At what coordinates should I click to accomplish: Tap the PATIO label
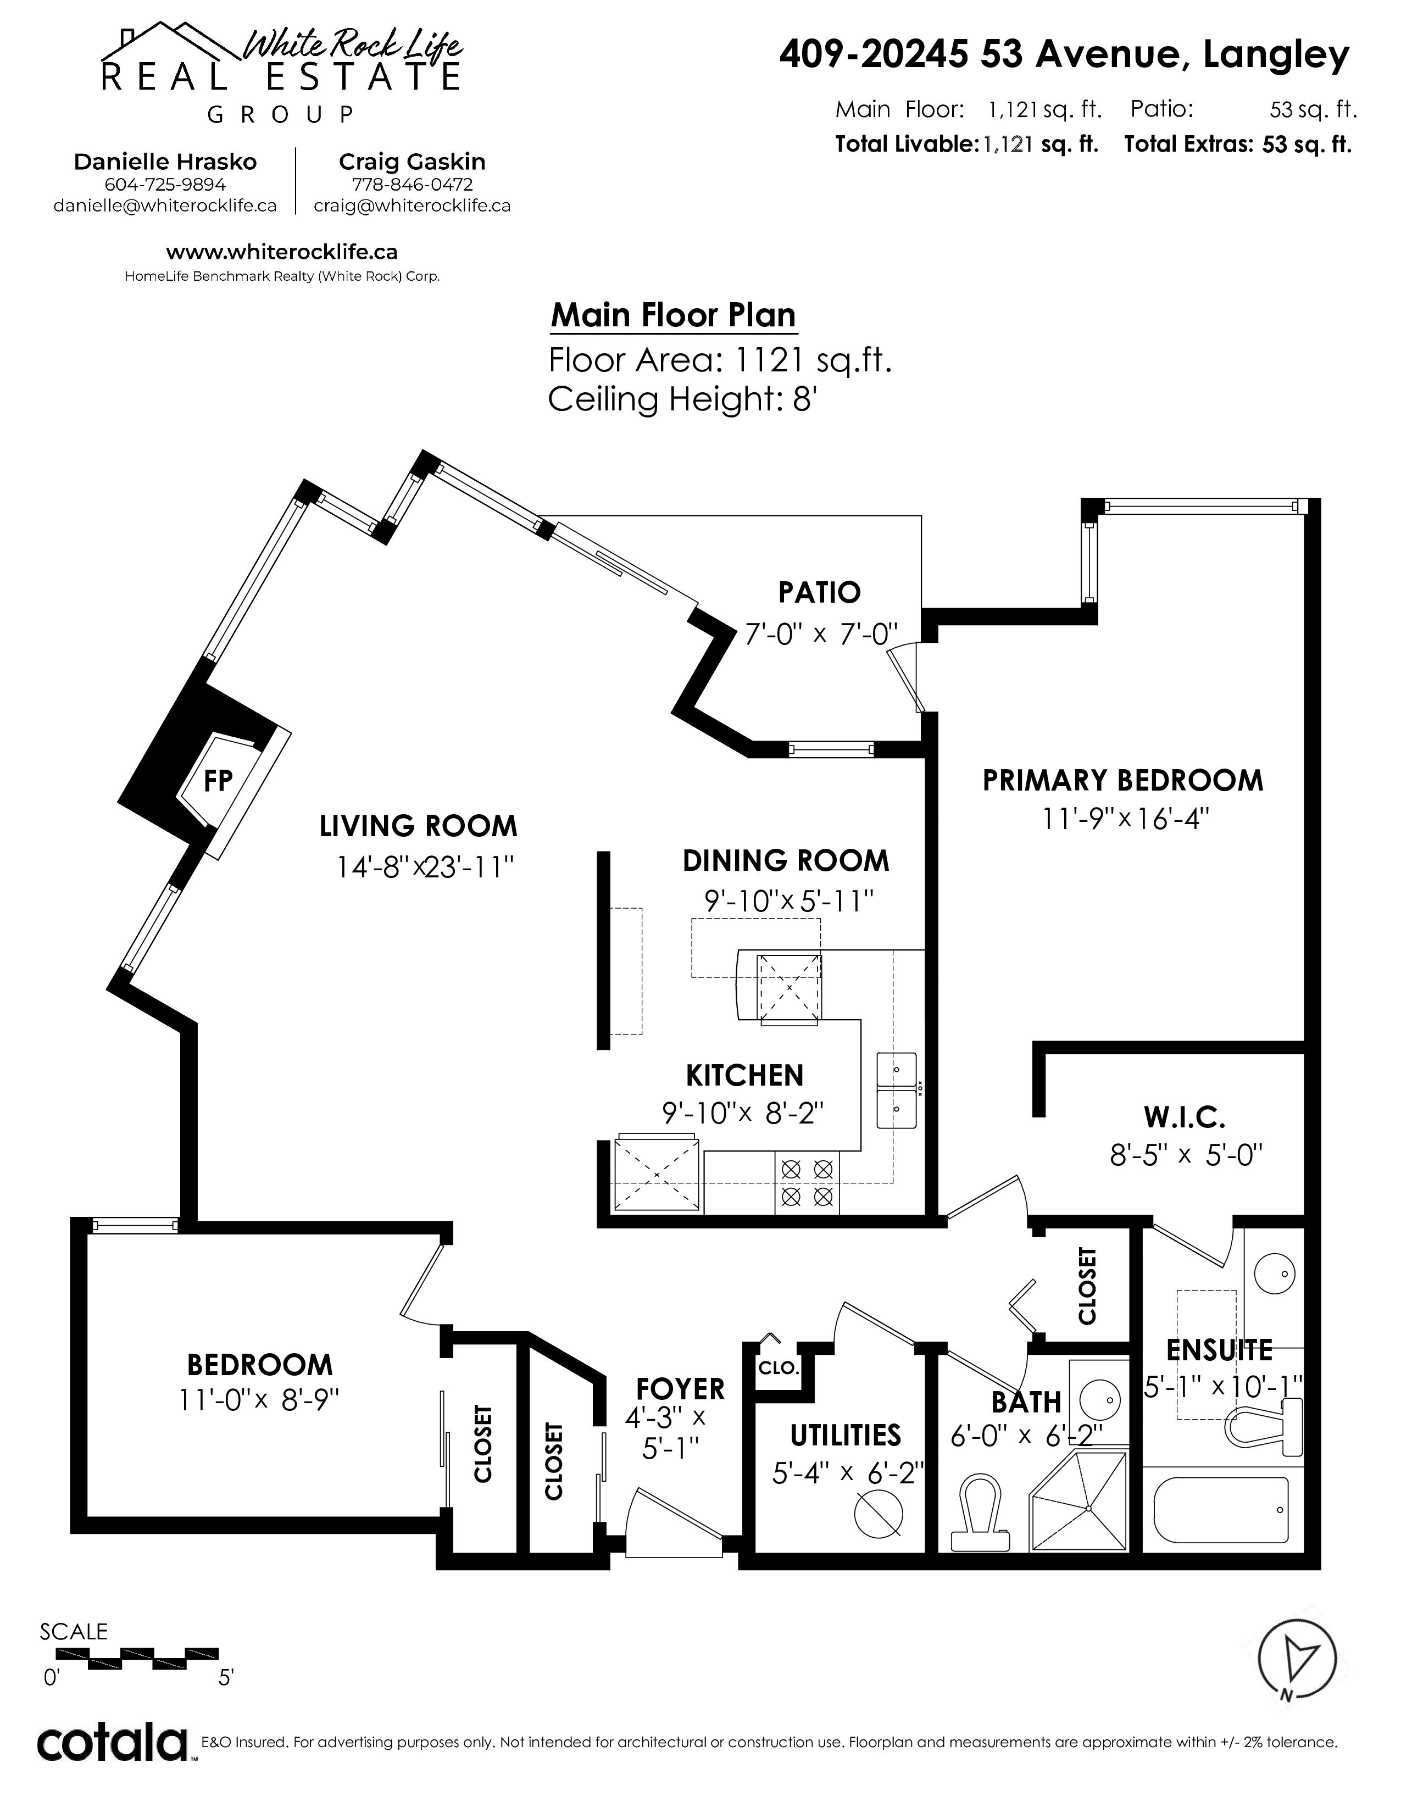[x=819, y=593]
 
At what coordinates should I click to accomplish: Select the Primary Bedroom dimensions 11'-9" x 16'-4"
[x=1125, y=819]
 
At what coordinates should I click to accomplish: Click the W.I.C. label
[x=1185, y=1117]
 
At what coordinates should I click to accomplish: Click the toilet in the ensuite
[x=1263, y=1425]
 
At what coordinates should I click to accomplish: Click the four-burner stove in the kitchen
[x=807, y=1183]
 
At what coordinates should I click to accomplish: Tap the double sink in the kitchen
[x=897, y=1091]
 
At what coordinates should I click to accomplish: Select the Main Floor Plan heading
[x=673, y=315]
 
